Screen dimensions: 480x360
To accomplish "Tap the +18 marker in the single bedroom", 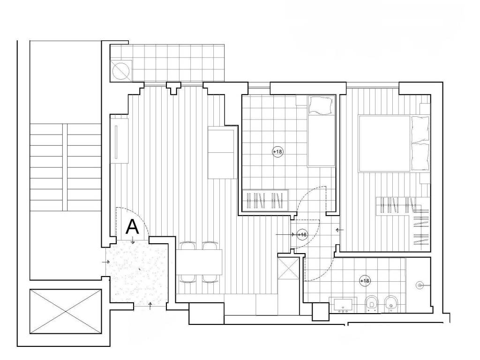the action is point(277,151).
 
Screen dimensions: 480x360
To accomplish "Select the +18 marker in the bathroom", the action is point(365,281).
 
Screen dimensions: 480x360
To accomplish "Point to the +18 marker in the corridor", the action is point(302,234).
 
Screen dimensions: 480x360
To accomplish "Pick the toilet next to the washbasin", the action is point(372,304).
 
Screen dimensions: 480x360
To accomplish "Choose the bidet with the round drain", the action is point(390,304).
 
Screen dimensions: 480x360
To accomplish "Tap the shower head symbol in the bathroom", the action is point(420,285).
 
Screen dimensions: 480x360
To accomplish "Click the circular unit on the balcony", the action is point(121,71).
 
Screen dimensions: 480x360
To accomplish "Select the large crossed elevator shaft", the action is point(66,311).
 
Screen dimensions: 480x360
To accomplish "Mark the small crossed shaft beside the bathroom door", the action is point(288,268).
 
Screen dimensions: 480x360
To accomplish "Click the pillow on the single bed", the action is point(320,105).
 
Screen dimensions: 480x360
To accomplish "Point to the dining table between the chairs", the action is point(199,262).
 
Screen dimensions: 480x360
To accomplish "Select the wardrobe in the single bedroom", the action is point(265,200).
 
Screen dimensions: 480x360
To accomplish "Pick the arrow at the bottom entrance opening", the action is point(150,306).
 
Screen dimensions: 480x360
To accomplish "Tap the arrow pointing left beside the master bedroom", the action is point(339,230).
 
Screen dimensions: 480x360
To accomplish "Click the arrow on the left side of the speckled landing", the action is point(106,262).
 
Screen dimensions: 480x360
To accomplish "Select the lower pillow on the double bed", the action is point(420,156).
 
